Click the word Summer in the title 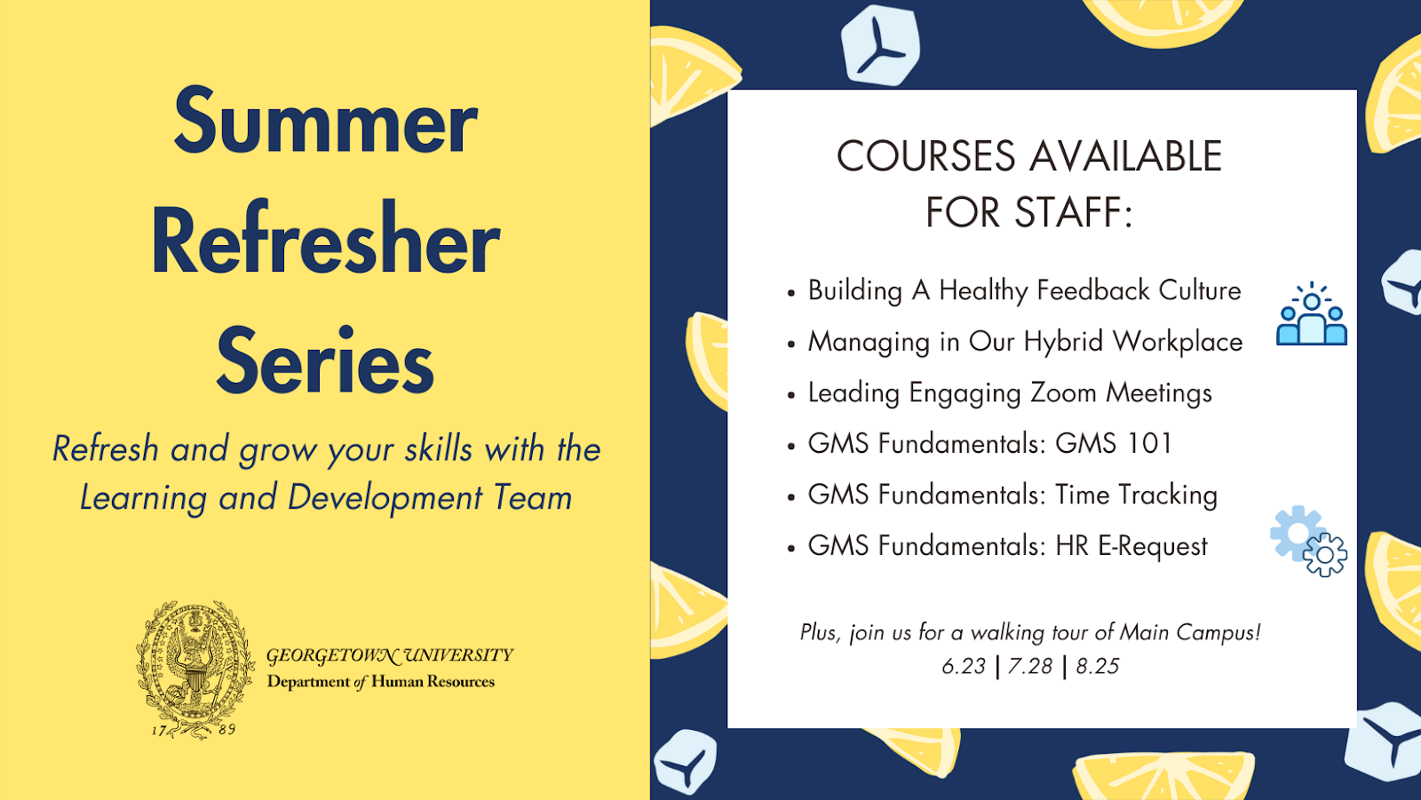pyautogui.click(x=325, y=121)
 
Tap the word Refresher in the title pyautogui.click(x=325, y=239)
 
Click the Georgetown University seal pyautogui.click(x=194, y=669)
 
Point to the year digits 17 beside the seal pyautogui.click(x=159, y=730)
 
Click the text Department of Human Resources pyautogui.click(x=381, y=682)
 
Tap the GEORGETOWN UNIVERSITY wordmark pyautogui.click(x=390, y=655)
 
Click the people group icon pyautogui.click(x=1311, y=314)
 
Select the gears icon pyautogui.click(x=1309, y=541)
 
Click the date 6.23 pyautogui.click(x=964, y=666)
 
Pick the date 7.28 pyautogui.click(x=1030, y=666)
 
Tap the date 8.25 pyautogui.click(x=1098, y=666)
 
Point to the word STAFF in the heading pyautogui.click(x=1067, y=212)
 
